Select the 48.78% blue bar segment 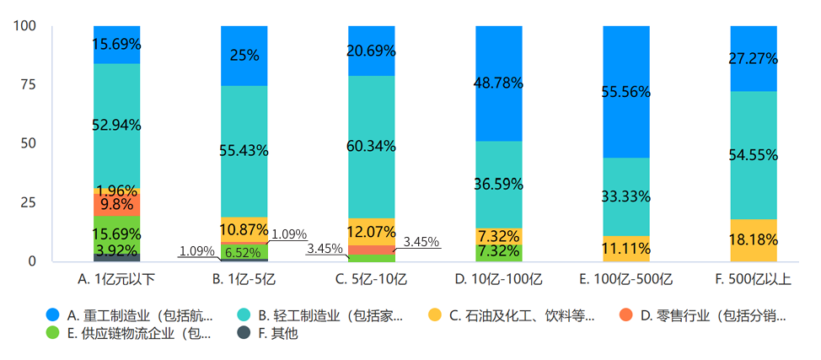499,83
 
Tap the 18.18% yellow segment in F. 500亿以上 754,240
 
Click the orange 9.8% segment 117,204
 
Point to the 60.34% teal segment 372,147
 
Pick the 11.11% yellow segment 625,249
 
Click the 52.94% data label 117,125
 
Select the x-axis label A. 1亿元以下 116,278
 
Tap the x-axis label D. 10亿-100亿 498,278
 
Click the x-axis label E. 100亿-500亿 625,278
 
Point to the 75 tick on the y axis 28,84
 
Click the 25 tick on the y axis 28,202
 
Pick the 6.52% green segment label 244,251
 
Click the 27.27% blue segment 754,59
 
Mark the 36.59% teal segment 499,184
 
